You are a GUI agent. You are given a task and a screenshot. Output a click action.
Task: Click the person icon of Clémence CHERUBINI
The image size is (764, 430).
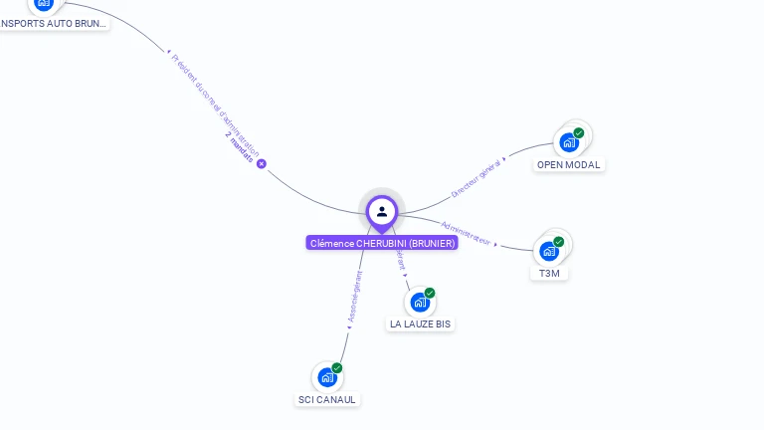point(382,211)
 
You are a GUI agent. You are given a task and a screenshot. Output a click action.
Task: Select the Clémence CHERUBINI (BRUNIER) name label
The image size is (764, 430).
point(382,243)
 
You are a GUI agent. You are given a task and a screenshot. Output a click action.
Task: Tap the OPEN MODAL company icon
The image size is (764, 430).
point(568,141)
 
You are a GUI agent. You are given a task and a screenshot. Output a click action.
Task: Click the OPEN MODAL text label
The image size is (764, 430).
point(569,165)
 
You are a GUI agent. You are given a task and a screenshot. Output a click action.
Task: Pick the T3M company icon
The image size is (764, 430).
point(548,251)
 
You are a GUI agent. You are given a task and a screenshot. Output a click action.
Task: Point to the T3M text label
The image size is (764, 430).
point(549,273)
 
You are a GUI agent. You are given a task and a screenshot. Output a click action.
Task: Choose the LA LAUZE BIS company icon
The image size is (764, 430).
point(419,302)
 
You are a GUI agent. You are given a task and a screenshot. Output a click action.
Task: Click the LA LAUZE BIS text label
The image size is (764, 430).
point(421,324)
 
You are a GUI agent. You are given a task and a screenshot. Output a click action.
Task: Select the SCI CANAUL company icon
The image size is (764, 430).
point(326,377)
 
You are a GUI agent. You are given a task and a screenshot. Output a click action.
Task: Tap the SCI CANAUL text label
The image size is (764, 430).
point(327,400)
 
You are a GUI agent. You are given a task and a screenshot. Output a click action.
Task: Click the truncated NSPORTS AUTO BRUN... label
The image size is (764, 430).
point(54,23)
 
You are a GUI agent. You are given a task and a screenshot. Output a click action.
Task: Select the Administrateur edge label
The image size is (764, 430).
point(467,232)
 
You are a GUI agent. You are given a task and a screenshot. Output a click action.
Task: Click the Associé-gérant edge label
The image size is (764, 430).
point(354,298)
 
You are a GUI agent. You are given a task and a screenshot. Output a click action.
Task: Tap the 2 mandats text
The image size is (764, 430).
point(240,147)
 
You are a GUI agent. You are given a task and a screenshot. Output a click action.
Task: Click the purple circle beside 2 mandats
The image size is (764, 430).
point(262,163)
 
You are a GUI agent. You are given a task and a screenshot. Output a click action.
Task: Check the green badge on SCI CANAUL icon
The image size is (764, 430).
point(337,368)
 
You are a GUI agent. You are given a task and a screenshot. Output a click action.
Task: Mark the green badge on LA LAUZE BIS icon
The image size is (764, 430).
point(430,293)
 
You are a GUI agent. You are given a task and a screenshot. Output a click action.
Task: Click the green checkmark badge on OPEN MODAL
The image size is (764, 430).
point(578,132)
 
